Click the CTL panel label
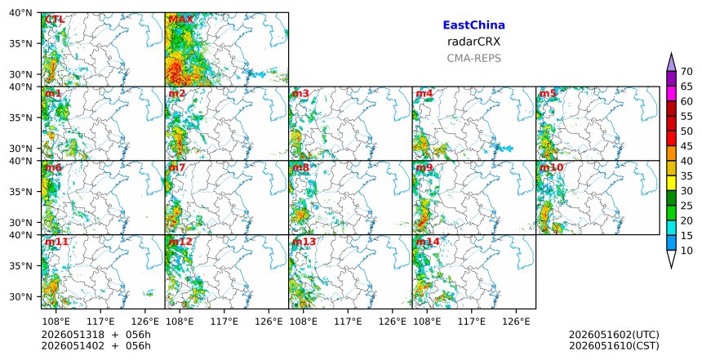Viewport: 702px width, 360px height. coord(55,20)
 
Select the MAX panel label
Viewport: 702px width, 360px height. coord(181,20)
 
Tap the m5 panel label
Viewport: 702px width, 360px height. coord(548,94)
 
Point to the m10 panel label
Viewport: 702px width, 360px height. coord(551,167)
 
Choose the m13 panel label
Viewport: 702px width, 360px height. coord(304,242)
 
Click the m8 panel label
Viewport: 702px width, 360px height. coord(300,167)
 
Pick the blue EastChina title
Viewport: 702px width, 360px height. coord(473,25)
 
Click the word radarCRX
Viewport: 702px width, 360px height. coord(473,42)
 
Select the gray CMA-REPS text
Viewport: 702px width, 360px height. coord(473,58)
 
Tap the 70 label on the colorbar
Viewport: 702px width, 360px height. coord(686,72)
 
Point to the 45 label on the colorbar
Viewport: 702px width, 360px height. coord(686,146)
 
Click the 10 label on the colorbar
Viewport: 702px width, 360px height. coord(686,251)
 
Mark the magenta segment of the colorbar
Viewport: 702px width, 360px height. coord(671,94)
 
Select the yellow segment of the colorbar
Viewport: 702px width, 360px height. coord(671,183)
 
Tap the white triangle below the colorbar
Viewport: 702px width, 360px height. coord(671,258)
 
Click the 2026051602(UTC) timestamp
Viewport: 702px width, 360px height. coord(614,335)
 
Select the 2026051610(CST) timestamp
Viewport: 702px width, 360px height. coord(614,345)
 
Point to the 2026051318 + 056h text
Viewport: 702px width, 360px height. coord(96,335)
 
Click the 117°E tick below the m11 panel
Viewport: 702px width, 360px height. coord(100,322)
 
